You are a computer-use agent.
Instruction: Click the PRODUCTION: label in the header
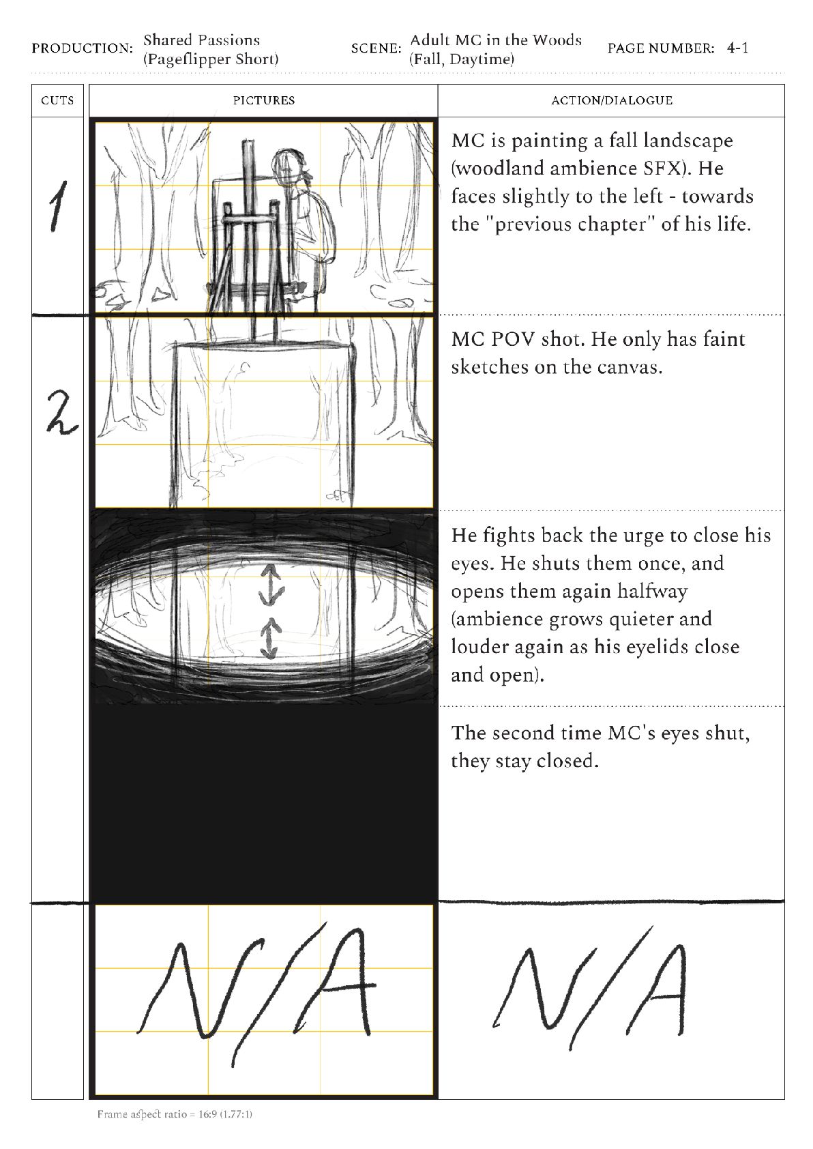(82, 48)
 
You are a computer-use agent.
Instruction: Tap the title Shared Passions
(201, 40)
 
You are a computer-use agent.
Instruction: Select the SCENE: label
(376, 48)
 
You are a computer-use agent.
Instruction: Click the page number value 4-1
(737, 48)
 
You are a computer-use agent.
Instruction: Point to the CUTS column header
(57, 100)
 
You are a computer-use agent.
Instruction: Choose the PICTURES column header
(263, 100)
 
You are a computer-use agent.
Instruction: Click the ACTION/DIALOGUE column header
(611, 100)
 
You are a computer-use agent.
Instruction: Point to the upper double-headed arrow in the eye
(271, 585)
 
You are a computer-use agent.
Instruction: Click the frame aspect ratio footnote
(175, 1114)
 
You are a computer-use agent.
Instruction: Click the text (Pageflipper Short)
(211, 59)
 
